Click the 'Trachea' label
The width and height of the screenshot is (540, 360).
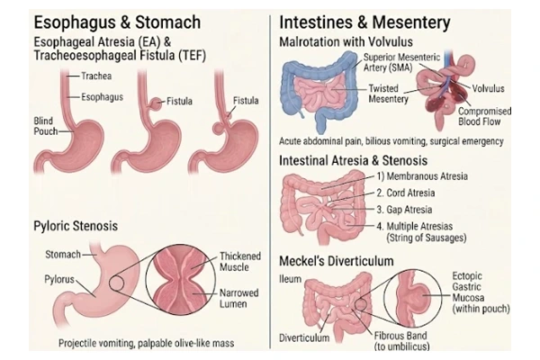tap(96, 76)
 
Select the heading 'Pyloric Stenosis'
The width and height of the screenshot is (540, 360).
tap(76, 226)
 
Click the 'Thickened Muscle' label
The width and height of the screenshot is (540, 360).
tap(240, 262)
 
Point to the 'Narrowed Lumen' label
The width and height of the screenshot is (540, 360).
tap(239, 298)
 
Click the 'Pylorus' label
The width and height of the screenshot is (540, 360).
tap(59, 279)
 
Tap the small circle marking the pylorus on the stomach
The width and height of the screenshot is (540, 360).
tap(116, 283)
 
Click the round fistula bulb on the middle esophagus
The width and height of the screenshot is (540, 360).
tap(157, 103)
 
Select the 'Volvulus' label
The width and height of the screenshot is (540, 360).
tap(488, 88)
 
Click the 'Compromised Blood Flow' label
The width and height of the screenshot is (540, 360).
tap(484, 116)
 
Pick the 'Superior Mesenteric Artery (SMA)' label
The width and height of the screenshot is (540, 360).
tap(401, 62)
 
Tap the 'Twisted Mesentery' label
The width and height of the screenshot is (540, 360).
tap(388, 94)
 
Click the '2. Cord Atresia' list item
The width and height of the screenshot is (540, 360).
tap(405, 193)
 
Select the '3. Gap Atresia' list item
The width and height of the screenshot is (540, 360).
tap(404, 210)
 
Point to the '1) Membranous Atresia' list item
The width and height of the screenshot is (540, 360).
tap(422, 176)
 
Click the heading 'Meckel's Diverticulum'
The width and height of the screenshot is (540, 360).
tap(336, 261)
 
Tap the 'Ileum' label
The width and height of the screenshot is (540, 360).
tap(290, 279)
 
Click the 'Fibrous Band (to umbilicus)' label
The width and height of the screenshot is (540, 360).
tap(401, 341)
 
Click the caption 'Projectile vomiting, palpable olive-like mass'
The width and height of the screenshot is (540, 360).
tap(147, 343)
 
